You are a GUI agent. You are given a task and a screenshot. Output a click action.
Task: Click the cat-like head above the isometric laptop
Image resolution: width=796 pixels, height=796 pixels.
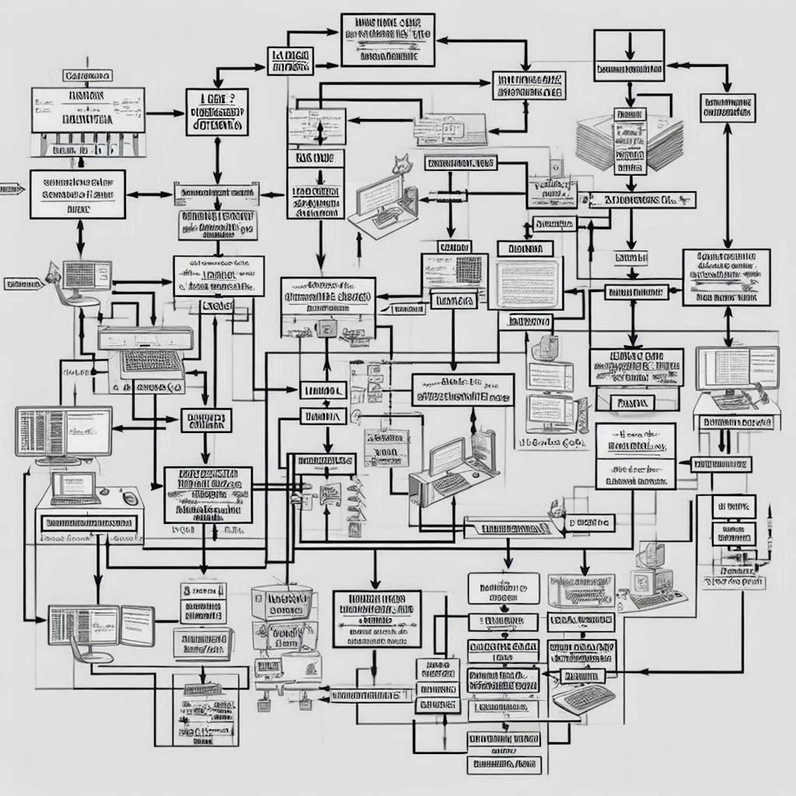point(402,164)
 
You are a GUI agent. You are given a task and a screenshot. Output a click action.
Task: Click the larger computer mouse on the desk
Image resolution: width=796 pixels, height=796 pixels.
point(130,497)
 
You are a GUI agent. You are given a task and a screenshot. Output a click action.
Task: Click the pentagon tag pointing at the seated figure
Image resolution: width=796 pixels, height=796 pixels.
point(23,285)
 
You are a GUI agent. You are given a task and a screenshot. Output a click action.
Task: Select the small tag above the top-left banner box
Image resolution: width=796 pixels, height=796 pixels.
point(87,76)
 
